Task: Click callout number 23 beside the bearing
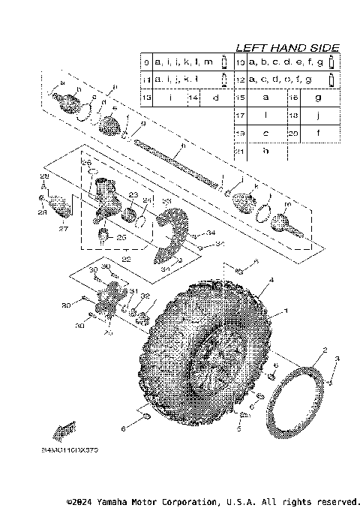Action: (132, 195)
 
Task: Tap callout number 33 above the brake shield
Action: (166, 202)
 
